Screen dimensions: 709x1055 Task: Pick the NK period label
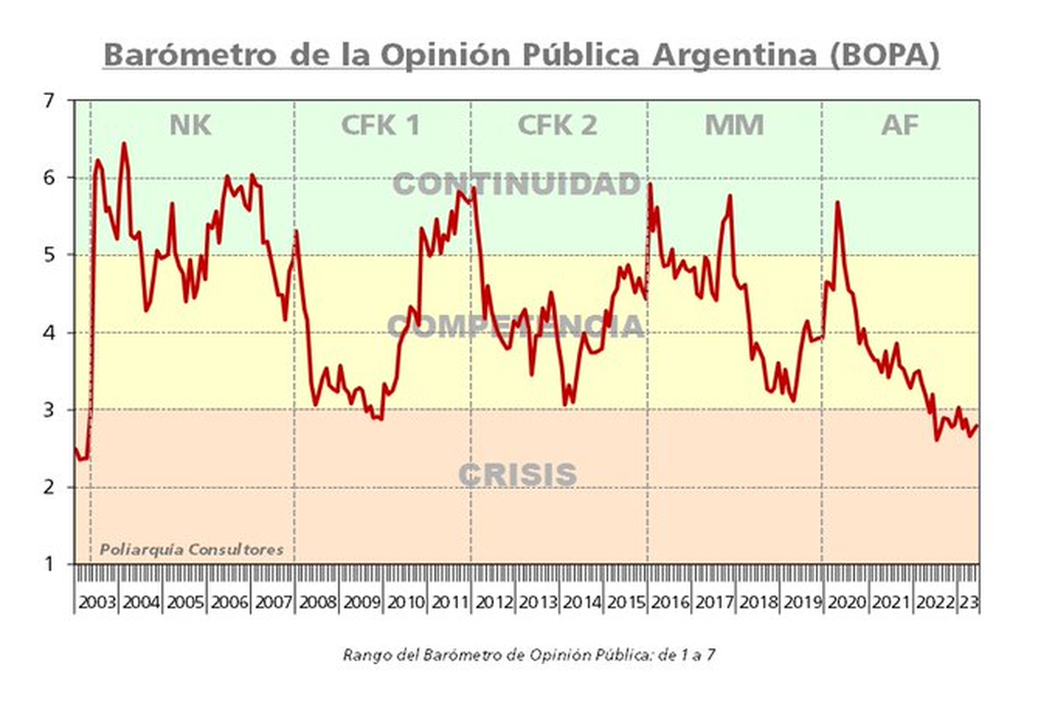coord(190,126)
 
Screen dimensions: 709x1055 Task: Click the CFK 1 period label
coord(380,126)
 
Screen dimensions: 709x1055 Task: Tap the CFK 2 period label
coord(557,126)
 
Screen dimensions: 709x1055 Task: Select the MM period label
coord(734,126)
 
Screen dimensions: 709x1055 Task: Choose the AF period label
coord(899,126)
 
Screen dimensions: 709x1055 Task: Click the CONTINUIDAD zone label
coord(517,184)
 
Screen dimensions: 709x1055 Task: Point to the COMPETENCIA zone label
coord(517,326)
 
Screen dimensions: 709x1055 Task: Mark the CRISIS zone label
coord(517,475)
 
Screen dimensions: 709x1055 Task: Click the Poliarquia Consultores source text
coord(191,550)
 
